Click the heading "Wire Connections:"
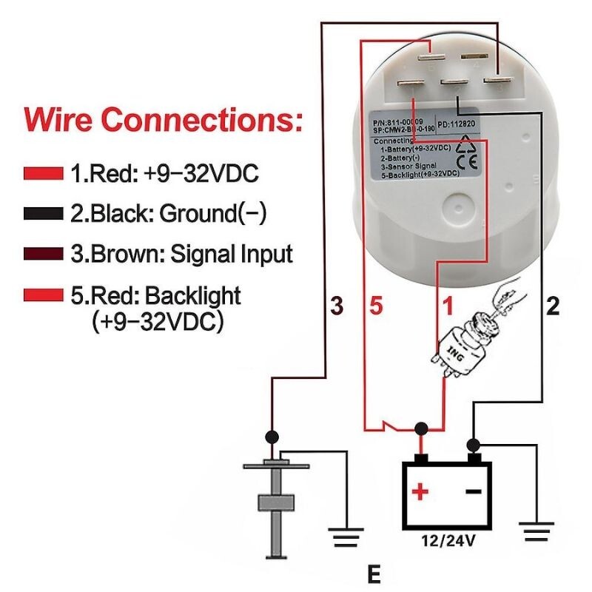163,118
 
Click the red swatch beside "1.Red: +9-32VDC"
43,175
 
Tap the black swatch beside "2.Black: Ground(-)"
43,215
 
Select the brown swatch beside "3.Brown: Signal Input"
43,255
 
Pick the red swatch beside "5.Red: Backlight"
43,296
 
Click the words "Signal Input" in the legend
232,255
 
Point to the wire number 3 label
337,305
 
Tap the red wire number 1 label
447,305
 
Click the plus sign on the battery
420,491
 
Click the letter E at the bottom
375,574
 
